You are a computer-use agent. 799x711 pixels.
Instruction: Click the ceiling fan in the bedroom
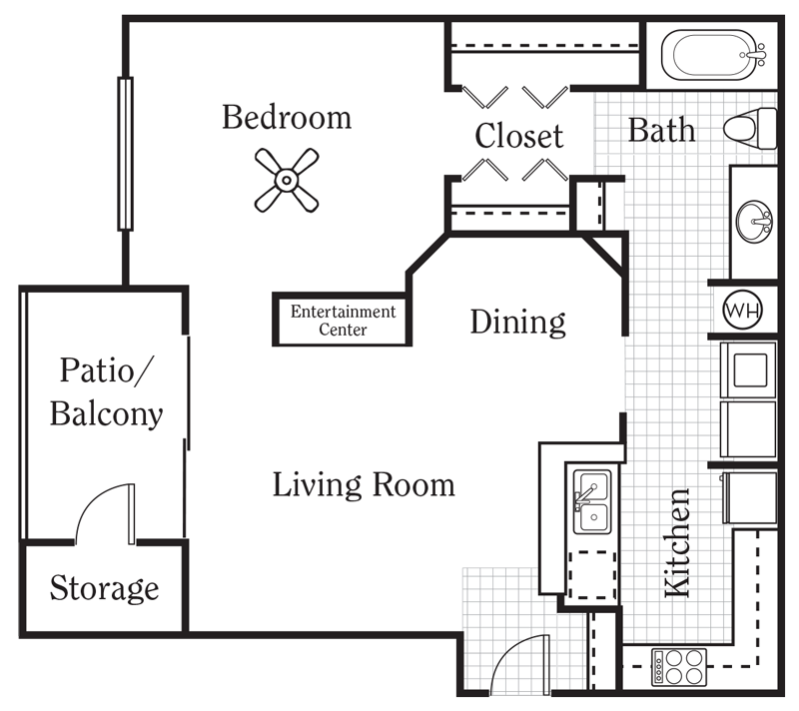pos(286,180)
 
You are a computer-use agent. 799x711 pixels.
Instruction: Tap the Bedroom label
pos(287,118)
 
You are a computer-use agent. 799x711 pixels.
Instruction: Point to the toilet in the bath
pos(750,127)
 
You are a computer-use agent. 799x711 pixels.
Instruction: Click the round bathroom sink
pos(754,222)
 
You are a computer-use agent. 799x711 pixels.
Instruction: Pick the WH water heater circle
pos(742,310)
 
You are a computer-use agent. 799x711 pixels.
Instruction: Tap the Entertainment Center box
pos(343,321)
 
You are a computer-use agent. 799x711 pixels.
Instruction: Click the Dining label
pos(517,322)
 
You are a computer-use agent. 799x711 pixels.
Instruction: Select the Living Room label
pos(364,485)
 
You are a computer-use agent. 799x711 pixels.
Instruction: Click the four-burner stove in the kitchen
pos(680,666)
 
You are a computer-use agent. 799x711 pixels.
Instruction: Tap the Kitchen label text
pos(677,542)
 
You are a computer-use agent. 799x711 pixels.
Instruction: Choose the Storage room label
pos(104,588)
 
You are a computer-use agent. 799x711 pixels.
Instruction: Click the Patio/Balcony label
pos(106,391)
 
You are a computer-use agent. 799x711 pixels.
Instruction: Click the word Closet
pos(519,136)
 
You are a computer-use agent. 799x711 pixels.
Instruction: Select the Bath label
pos(661,130)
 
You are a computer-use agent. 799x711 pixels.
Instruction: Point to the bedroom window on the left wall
pos(126,153)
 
